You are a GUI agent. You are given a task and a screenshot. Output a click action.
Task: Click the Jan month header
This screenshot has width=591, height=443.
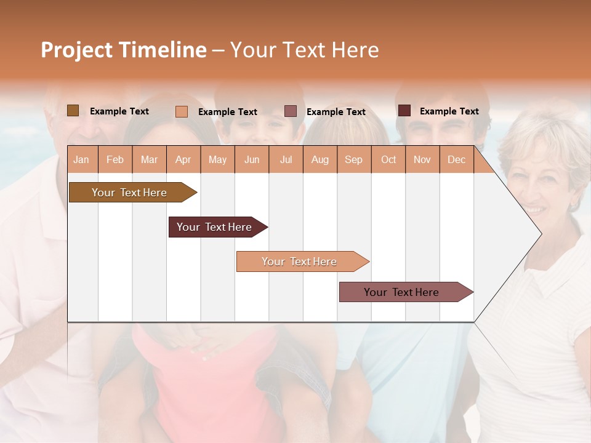81,160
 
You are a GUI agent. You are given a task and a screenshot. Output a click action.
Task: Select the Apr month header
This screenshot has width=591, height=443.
183,160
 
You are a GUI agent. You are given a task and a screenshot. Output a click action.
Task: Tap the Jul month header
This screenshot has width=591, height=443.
286,160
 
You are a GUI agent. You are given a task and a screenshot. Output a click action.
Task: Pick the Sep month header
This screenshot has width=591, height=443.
353,160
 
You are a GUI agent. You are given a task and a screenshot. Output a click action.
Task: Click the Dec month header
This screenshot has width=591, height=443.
456,160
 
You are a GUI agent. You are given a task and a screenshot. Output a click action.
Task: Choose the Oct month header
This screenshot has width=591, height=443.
388,160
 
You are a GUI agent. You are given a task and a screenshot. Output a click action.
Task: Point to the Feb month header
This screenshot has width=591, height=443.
115,160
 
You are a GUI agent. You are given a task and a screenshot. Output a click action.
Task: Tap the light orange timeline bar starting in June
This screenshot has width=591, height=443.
300,261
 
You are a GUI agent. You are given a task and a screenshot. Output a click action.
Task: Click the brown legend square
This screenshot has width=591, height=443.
73,111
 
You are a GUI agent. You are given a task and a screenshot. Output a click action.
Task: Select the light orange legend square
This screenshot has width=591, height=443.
181,111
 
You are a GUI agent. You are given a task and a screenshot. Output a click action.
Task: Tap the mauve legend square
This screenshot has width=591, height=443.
291,111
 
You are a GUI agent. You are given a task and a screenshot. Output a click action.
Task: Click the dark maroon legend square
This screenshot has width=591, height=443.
404,111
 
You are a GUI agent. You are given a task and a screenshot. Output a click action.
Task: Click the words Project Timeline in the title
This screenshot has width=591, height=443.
123,50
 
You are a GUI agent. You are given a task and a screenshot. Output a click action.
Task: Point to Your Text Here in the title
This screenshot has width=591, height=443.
304,50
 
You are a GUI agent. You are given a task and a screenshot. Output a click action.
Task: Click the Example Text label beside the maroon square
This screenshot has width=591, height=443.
449,111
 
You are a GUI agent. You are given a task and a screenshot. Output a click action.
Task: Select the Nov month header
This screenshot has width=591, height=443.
422,160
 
